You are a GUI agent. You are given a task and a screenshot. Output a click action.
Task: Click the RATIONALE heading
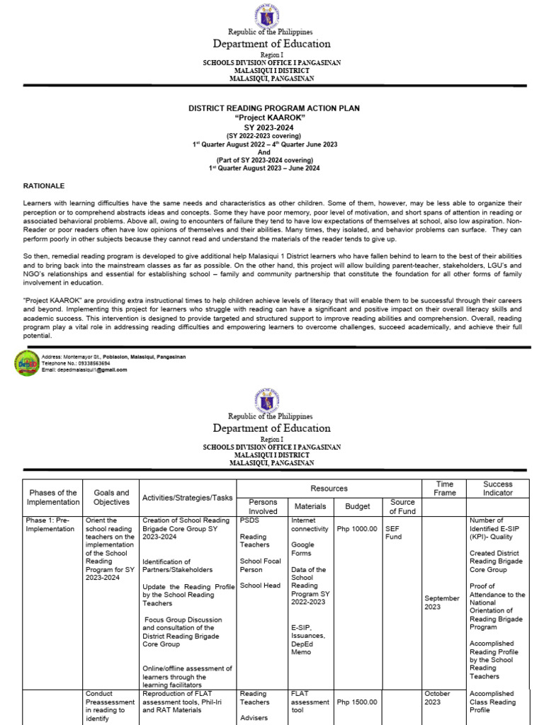tap(44, 185)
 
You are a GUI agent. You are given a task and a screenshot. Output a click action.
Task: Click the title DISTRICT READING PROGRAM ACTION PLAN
tap(273, 108)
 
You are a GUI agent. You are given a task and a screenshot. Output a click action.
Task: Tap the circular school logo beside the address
tap(27, 363)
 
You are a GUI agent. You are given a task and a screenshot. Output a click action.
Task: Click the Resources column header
tap(329, 489)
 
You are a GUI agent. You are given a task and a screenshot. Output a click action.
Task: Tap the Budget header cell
tap(357, 506)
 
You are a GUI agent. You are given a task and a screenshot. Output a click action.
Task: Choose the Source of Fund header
tap(402, 506)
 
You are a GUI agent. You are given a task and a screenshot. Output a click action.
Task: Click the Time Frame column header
tap(445, 489)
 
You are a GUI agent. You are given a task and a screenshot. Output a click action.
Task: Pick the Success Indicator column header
tap(497, 489)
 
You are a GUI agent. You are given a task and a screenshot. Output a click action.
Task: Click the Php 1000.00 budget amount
tap(357, 529)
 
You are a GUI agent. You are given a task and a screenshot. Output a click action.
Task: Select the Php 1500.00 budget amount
tap(357, 702)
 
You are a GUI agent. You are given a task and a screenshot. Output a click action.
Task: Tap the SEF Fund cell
tap(393, 532)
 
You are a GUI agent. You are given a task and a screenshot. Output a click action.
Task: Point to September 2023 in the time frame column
tap(442, 603)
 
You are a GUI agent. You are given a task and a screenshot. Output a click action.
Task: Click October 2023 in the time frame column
tap(437, 697)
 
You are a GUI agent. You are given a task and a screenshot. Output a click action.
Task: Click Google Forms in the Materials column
tap(303, 549)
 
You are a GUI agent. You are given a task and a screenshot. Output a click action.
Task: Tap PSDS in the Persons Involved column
tap(249, 520)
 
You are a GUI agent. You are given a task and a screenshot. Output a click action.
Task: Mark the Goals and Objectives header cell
tap(111, 497)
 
